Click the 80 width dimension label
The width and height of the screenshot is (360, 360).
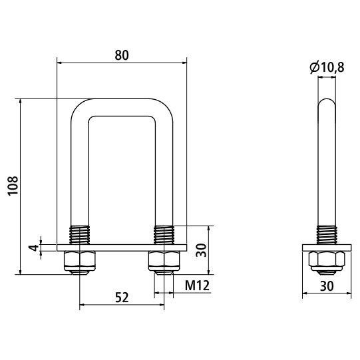click(x=122, y=55)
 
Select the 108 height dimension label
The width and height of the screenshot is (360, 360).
click(x=11, y=186)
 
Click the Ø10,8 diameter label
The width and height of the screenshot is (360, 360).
click(x=327, y=67)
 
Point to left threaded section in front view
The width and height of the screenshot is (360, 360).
click(x=80, y=235)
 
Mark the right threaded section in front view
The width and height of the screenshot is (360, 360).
click(x=163, y=235)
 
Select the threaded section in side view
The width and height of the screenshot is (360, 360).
click(x=326, y=235)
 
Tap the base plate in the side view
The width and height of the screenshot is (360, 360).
click(x=326, y=248)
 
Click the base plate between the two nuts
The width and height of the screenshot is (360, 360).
click(x=122, y=248)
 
